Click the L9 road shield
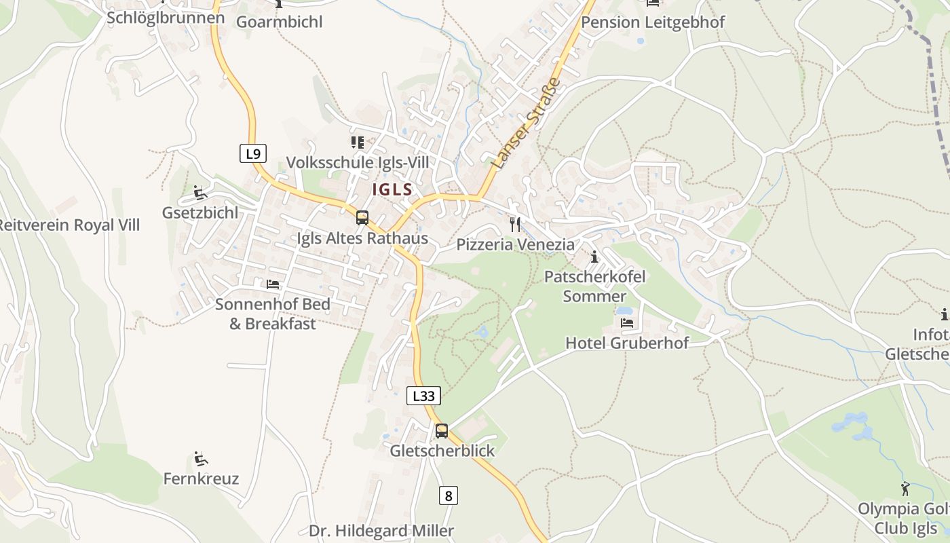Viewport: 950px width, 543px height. [x=253, y=154]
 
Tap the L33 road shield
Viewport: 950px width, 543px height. [x=423, y=396]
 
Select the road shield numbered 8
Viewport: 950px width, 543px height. [x=448, y=496]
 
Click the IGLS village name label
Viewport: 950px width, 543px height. [x=392, y=189]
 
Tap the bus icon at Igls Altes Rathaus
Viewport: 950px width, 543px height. [x=362, y=218]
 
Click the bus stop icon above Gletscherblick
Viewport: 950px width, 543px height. [x=442, y=431]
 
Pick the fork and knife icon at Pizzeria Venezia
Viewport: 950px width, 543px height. [x=515, y=225]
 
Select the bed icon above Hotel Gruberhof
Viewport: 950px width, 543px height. [x=627, y=322]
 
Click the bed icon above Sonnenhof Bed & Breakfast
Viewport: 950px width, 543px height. [x=273, y=284]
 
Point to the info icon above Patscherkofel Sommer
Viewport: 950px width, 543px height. [x=594, y=257]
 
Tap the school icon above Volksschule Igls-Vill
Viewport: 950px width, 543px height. [x=357, y=143]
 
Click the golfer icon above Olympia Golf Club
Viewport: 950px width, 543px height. [x=905, y=489]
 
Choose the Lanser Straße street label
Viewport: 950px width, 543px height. [x=536, y=123]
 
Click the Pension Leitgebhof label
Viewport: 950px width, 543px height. [x=653, y=22]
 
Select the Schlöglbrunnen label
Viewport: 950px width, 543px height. [x=166, y=18]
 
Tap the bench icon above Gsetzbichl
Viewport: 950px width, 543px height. [x=199, y=193]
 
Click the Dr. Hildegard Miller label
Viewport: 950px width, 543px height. [x=381, y=531]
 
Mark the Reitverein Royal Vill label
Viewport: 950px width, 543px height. [x=68, y=225]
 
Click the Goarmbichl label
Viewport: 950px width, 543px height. [x=279, y=22]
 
